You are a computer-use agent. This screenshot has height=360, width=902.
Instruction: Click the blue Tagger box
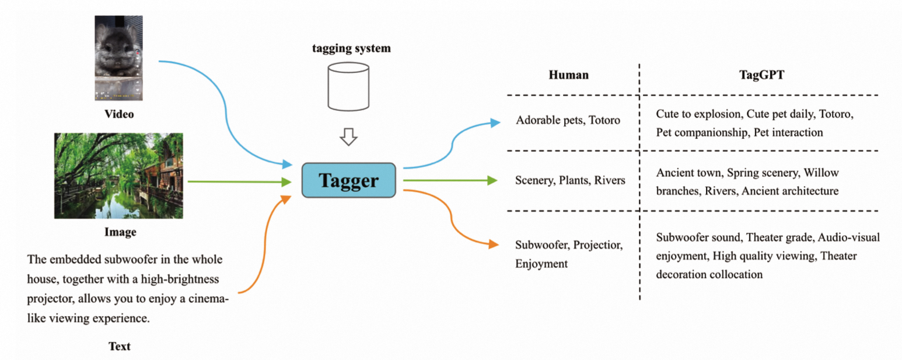coord(348,180)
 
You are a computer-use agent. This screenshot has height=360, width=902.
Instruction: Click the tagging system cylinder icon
coord(348,87)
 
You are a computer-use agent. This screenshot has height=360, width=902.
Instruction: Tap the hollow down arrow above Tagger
coord(348,138)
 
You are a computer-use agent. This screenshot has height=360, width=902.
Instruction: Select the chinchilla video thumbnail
coord(118,58)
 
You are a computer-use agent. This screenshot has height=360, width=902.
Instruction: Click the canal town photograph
coord(118,176)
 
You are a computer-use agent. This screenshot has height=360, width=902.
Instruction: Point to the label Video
coord(119,114)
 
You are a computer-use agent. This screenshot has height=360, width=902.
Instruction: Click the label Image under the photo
coord(120,232)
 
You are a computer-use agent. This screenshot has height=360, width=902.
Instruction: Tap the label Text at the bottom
coord(120,347)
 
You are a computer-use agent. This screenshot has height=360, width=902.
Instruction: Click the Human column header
coord(568,75)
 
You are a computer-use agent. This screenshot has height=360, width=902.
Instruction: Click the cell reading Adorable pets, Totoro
coord(568,121)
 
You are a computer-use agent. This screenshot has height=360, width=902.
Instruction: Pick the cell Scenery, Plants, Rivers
coord(570,180)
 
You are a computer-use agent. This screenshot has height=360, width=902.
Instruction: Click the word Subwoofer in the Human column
coord(541,246)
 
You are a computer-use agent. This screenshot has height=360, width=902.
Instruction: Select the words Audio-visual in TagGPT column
coord(849,238)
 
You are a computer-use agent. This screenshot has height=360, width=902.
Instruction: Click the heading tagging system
coord(350,48)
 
